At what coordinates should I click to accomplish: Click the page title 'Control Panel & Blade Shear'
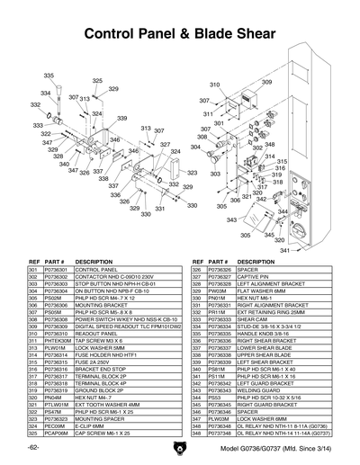[179, 34]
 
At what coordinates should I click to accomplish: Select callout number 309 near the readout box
[267, 82]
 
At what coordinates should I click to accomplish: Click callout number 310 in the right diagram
[215, 85]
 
